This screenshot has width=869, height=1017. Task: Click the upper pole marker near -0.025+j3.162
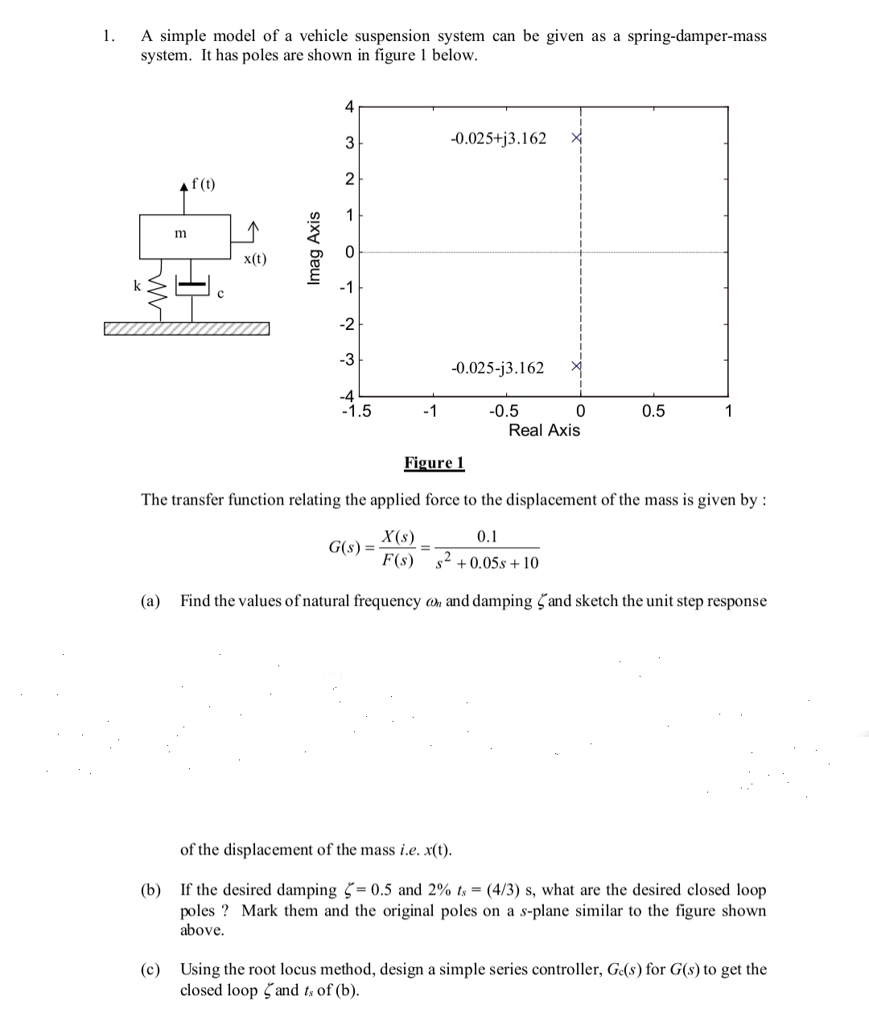click(576, 138)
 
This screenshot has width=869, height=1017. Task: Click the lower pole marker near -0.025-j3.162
click(576, 367)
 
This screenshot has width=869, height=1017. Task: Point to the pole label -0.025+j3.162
click(499, 138)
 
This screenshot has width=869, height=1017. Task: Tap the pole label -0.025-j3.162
click(498, 369)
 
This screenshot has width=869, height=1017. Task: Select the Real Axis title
click(544, 430)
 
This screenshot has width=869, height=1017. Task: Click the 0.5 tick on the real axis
click(653, 412)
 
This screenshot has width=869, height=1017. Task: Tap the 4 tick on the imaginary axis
click(348, 106)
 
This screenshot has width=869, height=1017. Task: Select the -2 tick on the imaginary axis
click(347, 323)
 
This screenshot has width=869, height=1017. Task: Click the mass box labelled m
click(185, 236)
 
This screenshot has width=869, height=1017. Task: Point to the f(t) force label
click(203, 184)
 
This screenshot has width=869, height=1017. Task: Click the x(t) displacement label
click(255, 259)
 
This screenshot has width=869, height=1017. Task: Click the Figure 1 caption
click(434, 463)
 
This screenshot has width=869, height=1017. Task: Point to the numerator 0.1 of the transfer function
click(487, 537)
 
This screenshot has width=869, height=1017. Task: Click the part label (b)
click(150, 890)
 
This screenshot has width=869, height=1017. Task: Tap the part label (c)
click(150, 970)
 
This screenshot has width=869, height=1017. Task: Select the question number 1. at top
click(109, 36)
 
